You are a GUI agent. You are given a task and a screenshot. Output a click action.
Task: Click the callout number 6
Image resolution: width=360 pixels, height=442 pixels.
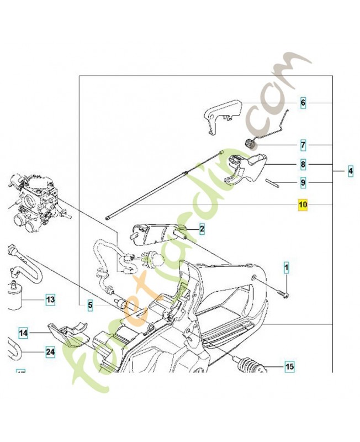point(303,103)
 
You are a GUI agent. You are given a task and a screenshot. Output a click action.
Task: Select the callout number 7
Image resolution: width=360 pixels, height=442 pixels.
point(303,145)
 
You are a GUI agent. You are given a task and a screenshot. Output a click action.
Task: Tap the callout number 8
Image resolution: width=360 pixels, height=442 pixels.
point(303,165)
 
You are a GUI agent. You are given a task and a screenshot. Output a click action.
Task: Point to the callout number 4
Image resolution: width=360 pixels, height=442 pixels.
point(351,172)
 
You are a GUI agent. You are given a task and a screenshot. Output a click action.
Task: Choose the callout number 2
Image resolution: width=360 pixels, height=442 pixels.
point(202,228)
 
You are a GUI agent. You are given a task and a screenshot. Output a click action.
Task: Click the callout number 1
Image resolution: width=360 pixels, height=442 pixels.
point(286,269)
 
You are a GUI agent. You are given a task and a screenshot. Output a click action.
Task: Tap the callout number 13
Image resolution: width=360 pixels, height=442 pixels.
point(50,300)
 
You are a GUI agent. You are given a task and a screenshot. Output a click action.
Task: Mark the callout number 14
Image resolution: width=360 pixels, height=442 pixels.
point(23,333)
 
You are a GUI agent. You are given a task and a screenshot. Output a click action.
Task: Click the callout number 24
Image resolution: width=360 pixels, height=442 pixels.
point(50,351)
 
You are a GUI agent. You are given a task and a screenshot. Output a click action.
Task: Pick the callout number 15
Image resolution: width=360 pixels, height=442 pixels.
point(289,366)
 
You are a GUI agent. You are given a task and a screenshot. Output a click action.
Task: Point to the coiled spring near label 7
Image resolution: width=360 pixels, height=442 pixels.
point(250,144)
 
